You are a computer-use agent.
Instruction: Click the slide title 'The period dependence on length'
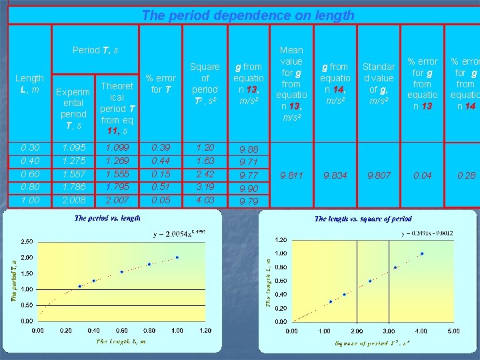tap(248, 15)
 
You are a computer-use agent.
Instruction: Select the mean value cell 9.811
tap(291, 175)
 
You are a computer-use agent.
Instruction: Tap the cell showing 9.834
tap(335, 175)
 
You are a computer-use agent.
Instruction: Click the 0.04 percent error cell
tap(422, 175)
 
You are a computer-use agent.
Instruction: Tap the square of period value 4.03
tap(205, 200)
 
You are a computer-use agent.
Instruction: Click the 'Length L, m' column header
tap(29, 84)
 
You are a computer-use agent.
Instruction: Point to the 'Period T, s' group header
tap(95, 50)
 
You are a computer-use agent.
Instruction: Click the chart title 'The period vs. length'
tap(108, 218)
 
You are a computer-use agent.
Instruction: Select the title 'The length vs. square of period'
tap(363, 218)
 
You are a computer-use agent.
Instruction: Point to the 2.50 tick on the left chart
tap(27, 241)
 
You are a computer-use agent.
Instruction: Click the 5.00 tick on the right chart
tap(453, 331)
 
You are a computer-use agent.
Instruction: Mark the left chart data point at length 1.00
tap(177, 257)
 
